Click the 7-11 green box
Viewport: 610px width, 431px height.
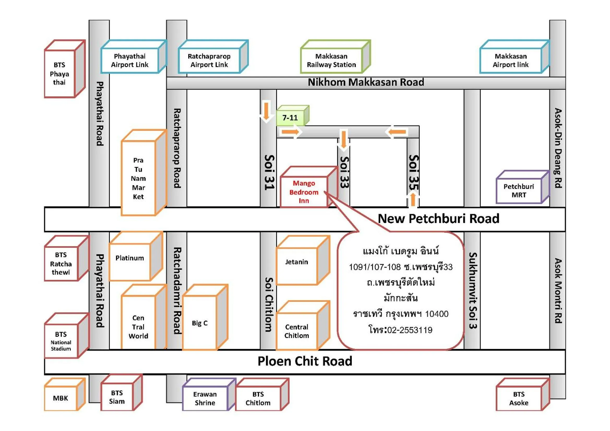pyautogui.click(x=290, y=118)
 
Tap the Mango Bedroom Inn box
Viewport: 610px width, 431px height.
pyautogui.click(x=304, y=192)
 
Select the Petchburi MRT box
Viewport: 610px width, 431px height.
pyautogui.click(x=519, y=190)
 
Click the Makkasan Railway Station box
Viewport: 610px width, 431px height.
pyautogui.click(x=331, y=60)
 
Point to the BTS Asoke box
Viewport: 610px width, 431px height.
pyautogui.click(x=519, y=398)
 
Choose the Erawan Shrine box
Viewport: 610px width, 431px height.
pyautogui.click(x=205, y=398)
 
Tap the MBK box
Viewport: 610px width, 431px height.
pyautogui.click(x=61, y=398)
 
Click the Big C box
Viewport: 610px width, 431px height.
pyautogui.click(x=200, y=323)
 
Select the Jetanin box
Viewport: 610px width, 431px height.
pyautogui.click(x=296, y=262)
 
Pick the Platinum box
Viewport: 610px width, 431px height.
pyautogui.click(x=130, y=258)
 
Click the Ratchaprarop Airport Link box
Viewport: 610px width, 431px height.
pyautogui.click(x=209, y=60)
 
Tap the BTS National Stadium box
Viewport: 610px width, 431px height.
pyautogui.click(x=61, y=341)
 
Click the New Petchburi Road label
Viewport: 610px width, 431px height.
pyautogui.click(x=438, y=219)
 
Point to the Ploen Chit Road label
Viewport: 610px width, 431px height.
pyautogui.click(x=305, y=361)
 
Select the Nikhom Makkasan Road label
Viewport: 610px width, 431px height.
pyautogui.click(x=366, y=82)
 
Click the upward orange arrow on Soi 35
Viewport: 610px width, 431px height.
pyautogui.click(x=413, y=200)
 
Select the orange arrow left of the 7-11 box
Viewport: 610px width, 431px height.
pyautogui.click(x=266, y=110)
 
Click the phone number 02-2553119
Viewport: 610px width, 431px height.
pyautogui.click(x=410, y=330)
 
